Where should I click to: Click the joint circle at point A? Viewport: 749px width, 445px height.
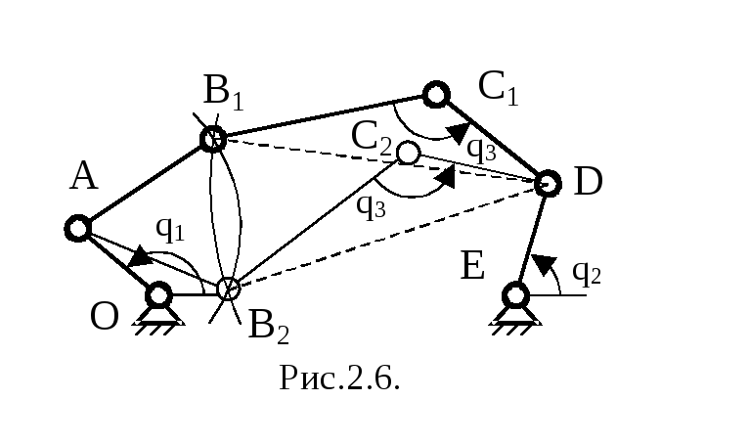click(x=78, y=228)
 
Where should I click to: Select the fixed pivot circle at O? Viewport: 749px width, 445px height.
click(x=158, y=294)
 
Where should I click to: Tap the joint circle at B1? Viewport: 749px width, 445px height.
click(x=212, y=140)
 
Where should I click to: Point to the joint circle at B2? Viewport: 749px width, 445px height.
click(x=229, y=289)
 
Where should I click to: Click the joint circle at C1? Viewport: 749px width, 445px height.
click(x=436, y=94)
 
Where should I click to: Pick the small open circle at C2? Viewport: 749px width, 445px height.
click(x=408, y=153)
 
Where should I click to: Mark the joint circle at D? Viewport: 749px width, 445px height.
click(x=548, y=183)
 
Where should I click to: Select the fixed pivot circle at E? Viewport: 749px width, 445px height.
click(x=516, y=295)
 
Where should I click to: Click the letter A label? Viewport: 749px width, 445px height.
click(x=84, y=176)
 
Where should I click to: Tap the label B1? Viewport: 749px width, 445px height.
click(x=224, y=92)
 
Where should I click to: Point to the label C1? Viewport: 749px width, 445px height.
click(x=498, y=87)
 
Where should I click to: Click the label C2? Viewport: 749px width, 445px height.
click(x=372, y=138)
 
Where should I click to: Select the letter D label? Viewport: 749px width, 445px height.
click(x=588, y=182)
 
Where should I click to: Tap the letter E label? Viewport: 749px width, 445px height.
click(x=473, y=265)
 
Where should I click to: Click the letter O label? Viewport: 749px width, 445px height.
click(x=104, y=317)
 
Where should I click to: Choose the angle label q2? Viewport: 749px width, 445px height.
click(x=587, y=273)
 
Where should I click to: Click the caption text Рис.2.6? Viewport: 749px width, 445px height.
click(x=339, y=378)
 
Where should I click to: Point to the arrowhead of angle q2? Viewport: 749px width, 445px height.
click(x=544, y=264)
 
